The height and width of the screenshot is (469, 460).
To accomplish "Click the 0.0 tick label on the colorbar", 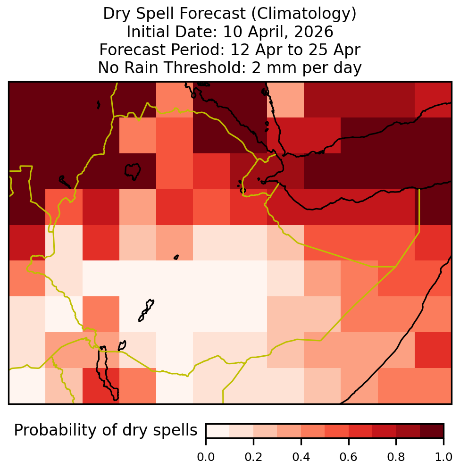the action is click(206, 457).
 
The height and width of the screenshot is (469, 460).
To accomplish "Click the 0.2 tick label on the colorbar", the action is click(253, 457).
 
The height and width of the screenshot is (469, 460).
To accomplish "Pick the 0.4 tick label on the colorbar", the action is click(301, 457).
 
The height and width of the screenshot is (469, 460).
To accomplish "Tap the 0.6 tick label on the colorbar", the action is click(349, 457).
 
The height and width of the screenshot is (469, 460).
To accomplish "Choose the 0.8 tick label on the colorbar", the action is click(396, 457).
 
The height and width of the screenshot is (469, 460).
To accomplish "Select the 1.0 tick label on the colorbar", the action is click(443, 457).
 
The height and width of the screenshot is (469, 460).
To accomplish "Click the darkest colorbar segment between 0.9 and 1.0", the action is click(432, 431).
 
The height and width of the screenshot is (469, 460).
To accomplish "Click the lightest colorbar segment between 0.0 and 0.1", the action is click(218, 431).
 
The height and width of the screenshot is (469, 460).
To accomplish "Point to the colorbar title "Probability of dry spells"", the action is click(106, 431).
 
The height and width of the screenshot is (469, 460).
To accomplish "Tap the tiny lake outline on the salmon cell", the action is click(176, 257).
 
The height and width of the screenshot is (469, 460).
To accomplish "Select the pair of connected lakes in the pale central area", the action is click(146, 310).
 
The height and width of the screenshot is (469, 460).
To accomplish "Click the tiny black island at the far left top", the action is click(99, 105).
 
